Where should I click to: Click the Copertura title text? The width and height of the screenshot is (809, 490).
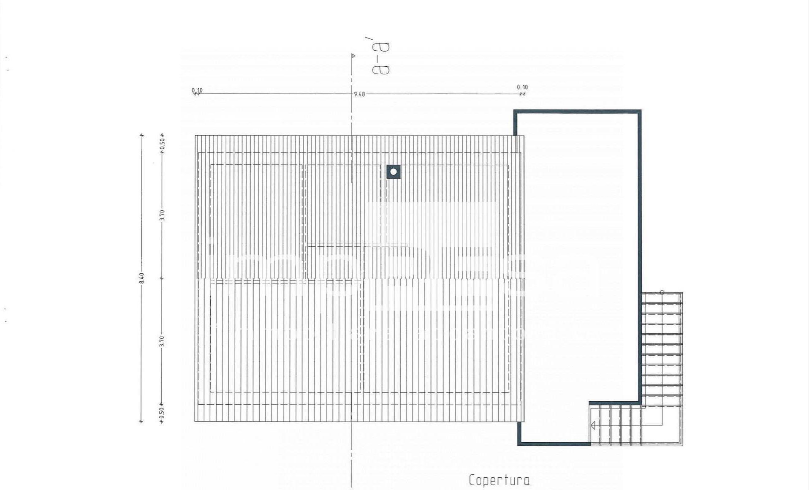(x=499, y=480)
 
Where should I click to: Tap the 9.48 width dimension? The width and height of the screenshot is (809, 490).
(x=359, y=94)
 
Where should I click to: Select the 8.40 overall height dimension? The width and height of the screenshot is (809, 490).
(x=142, y=278)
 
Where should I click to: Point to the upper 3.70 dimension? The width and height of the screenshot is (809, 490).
(x=162, y=215)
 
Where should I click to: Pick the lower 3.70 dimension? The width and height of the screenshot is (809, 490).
(x=162, y=341)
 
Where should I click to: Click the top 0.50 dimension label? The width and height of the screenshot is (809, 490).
(x=163, y=143)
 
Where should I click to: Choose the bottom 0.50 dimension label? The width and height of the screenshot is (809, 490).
(x=162, y=413)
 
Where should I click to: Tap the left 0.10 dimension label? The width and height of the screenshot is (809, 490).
(x=197, y=90)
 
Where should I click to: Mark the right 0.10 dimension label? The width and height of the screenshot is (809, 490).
(x=522, y=87)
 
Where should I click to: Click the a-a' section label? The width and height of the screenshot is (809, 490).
(x=381, y=59)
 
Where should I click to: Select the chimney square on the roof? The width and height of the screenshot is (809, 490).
(x=394, y=171)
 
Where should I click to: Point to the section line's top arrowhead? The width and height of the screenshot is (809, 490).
(x=353, y=56)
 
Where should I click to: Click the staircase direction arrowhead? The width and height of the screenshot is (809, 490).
(x=593, y=425)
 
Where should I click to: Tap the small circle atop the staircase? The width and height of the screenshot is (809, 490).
(x=662, y=292)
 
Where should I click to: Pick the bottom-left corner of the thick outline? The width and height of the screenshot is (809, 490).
(x=519, y=444)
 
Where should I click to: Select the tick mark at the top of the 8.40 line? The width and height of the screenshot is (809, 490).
(x=142, y=135)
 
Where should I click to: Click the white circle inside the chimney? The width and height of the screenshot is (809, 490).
(x=394, y=171)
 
